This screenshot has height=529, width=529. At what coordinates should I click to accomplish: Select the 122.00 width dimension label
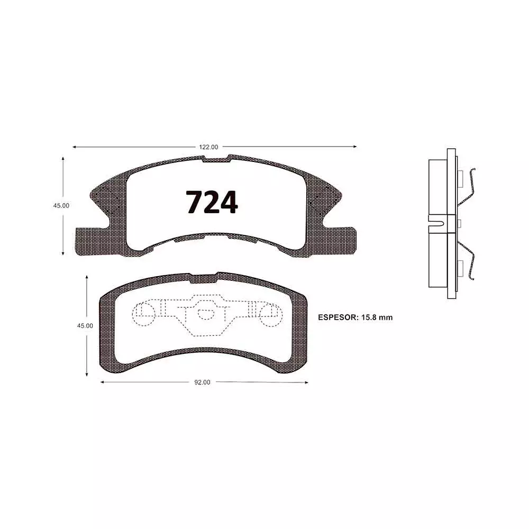208,147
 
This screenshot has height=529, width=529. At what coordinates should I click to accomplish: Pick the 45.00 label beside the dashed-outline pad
85,326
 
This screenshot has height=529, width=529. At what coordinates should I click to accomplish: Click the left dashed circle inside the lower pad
145,313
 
